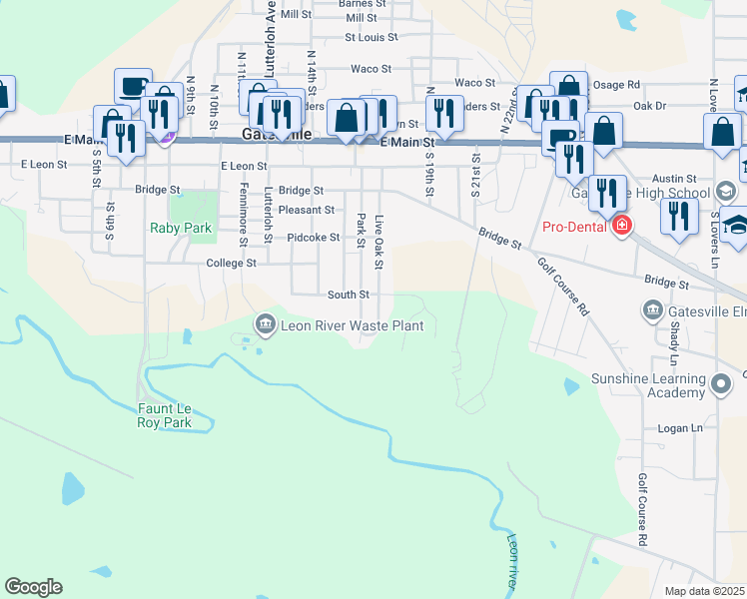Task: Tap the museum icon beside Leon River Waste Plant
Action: (x=266, y=322)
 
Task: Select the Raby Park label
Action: (x=181, y=228)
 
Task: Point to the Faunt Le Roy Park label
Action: (x=164, y=416)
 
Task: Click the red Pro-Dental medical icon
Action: (x=623, y=226)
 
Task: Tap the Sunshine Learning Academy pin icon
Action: (x=722, y=381)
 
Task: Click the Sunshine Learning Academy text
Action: (x=647, y=385)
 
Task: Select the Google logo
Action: (x=33, y=587)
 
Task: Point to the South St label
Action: (x=349, y=295)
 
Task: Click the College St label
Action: (x=231, y=264)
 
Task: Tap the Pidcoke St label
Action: (x=312, y=238)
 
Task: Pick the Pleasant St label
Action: (x=307, y=210)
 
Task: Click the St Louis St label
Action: (x=371, y=38)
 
